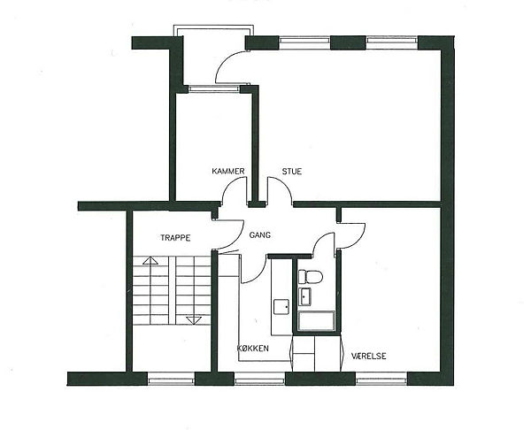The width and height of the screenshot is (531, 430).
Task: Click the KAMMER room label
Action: coord(228,171)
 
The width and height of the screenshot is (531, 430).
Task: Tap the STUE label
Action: coord(291,172)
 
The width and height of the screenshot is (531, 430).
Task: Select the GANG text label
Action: coord(259,234)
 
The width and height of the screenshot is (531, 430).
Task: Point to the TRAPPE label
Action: coord(175,238)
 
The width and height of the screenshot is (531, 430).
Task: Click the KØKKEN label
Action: coord(252,348)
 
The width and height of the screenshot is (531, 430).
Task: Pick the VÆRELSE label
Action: coord(368,356)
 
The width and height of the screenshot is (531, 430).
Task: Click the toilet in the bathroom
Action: coord(310,277)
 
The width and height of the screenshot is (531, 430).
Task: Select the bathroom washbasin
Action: coord(306,297)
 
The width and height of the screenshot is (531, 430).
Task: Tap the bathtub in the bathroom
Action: coord(317,320)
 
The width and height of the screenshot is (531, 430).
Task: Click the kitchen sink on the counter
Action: coord(281,307)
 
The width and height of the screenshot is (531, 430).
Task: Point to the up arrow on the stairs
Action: coord(150,260)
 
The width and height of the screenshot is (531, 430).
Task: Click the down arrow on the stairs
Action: coord(194,320)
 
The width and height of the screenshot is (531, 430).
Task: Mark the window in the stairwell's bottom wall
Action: coord(172,379)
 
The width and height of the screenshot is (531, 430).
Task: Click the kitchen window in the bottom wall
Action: coord(259,379)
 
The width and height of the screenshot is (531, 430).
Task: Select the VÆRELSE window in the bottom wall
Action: coord(381,379)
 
